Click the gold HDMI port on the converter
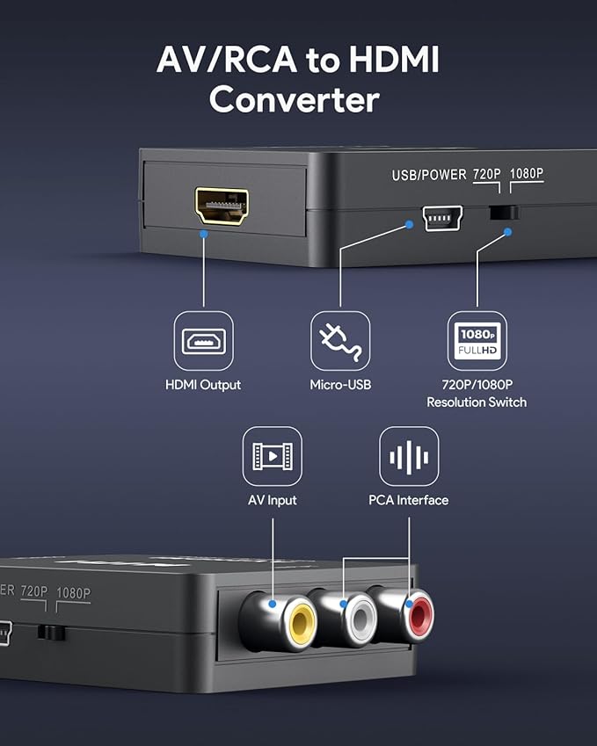pyautogui.click(x=222, y=206)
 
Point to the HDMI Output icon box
pyautogui.click(x=203, y=340)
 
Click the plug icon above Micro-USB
pyautogui.click(x=340, y=340)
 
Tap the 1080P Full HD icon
pyautogui.click(x=477, y=340)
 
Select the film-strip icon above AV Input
pyautogui.click(x=272, y=456)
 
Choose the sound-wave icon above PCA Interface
pyautogui.click(x=409, y=456)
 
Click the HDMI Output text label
pyautogui.click(x=203, y=385)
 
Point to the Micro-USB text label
pyautogui.click(x=340, y=385)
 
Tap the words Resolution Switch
pyautogui.click(x=477, y=402)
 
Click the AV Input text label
pyautogui.click(x=272, y=500)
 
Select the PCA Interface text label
pyautogui.click(x=409, y=500)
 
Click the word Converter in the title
pyautogui.click(x=294, y=99)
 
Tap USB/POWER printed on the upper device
pyautogui.click(x=429, y=175)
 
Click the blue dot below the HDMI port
pyautogui.click(x=203, y=234)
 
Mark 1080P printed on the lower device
pyautogui.click(x=73, y=593)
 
